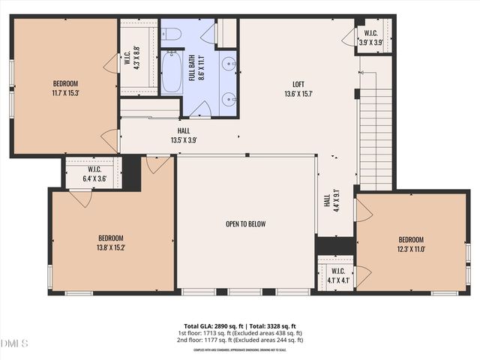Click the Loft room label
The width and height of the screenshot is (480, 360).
pos(298,89)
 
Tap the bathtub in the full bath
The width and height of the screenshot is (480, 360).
pos(172,71)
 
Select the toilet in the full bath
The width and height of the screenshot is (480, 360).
pos(171,34)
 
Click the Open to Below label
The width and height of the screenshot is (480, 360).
pos(245,223)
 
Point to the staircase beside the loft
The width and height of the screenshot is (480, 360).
pos(375,139)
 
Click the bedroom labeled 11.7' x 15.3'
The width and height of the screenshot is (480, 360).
pos(65,88)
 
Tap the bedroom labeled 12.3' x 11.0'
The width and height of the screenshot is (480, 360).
pos(411,244)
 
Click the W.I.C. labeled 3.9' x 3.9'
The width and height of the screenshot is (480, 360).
pos(370,37)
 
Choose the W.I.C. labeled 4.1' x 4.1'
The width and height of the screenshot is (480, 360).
pos(337,275)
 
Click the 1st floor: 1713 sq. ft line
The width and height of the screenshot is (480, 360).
pos(240,333)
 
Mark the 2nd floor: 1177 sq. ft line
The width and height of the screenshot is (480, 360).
pos(240,340)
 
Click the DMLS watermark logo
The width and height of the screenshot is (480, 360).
pos(15,343)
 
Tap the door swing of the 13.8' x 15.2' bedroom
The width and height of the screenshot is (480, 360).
pos(79,197)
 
